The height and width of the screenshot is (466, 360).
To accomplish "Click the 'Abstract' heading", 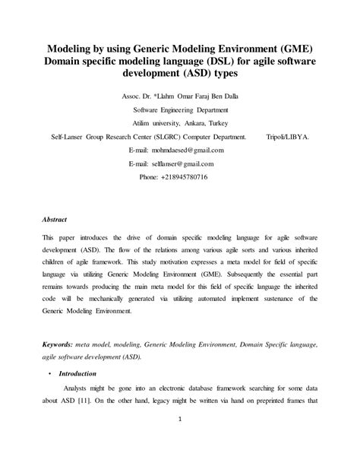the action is click(x=55, y=219).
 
